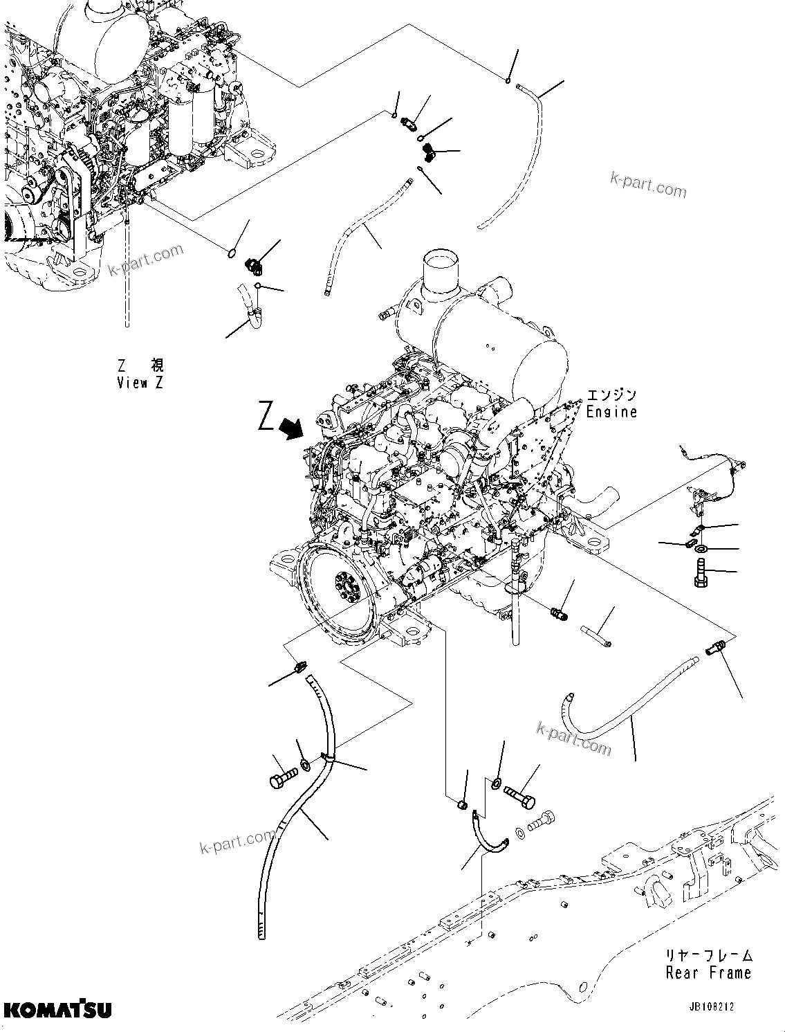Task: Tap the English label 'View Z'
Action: [140, 383]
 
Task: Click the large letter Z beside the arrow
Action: [266, 417]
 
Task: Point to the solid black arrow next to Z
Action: [293, 428]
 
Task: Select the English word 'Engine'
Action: [611, 411]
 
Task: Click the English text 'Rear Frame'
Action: [708, 972]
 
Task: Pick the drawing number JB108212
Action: [720, 1007]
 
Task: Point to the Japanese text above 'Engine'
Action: [611, 395]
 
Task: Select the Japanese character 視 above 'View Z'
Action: [157, 365]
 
